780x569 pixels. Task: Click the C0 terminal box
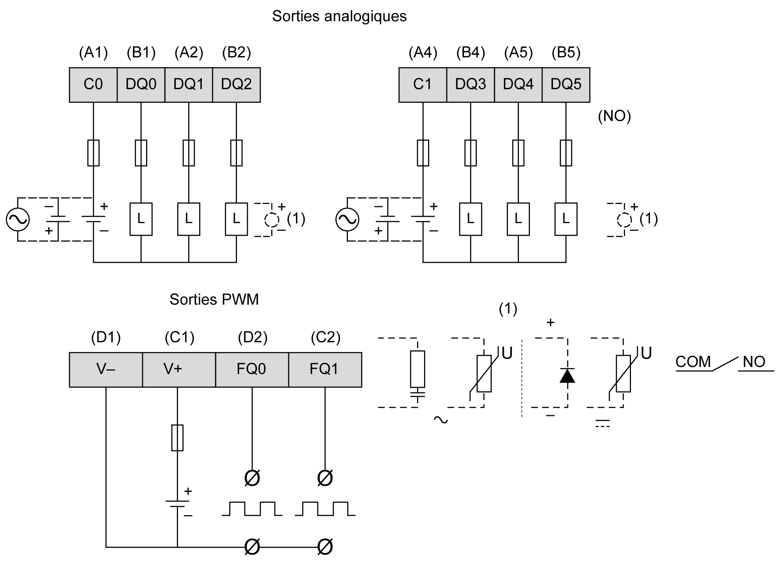(93, 85)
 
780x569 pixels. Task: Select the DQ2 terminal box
(236, 85)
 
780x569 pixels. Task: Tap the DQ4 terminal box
(518, 85)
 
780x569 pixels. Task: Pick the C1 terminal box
(423, 85)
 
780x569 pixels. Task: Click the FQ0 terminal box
(252, 369)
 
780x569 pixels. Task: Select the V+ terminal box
(178, 369)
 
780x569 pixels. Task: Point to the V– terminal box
(106, 369)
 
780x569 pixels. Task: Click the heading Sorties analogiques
(339, 16)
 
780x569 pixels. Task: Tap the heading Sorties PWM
(214, 300)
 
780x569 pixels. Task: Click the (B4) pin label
(471, 53)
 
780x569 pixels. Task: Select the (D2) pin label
(252, 337)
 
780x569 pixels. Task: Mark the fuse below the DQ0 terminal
(141, 153)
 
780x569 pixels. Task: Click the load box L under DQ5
(566, 219)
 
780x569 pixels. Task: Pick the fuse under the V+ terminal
(177, 438)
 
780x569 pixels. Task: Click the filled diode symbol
(567, 376)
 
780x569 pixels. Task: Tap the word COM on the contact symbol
(693, 362)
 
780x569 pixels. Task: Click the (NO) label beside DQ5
(614, 116)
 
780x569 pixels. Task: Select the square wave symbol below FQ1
(325, 509)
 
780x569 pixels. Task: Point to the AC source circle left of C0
(18, 219)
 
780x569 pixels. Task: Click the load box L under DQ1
(189, 219)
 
